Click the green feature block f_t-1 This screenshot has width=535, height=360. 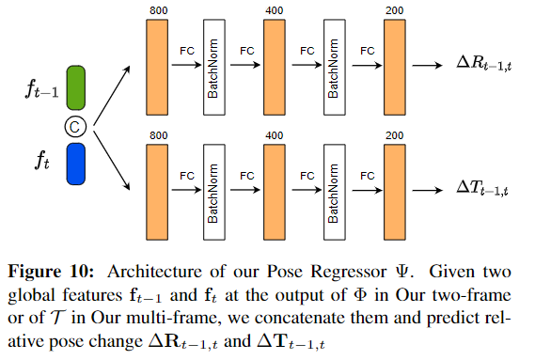pyautogui.click(x=76, y=88)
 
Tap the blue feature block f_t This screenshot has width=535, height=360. pyautogui.click(x=76, y=164)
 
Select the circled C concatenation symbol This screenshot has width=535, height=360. pyautogui.click(x=75, y=127)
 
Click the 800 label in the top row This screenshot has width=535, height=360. pyautogui.click(x=159, y=10)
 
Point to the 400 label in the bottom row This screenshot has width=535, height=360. pyautogui.click(x=275, y=135)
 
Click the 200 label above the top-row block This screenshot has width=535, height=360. pyautogui.click(x=395, y=10)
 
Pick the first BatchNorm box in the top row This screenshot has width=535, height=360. pyautogui.click(x=214, y=68)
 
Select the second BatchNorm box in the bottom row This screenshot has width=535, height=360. pyautogui.click(x=335, y=192)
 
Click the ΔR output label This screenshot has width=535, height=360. pyautogui.click(x=484, y=64)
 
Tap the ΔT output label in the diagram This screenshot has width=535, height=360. pyautogui.click(x=482, y=188)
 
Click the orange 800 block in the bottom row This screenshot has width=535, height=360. pyautogui.click(x=157, y=192)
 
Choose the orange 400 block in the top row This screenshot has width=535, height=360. pyautogui.click(x=275, y=68)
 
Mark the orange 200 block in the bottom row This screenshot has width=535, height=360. pyautogui.click(x=395, y=192)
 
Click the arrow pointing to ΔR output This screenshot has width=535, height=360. pyautogui.click(x=427, y=65)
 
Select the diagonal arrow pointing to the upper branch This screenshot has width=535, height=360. pyautogui.click(x=112, y=96)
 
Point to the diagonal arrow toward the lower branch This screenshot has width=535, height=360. pyautogui.click(x=112, y=161)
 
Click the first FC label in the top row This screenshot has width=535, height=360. pyautogui.click(x=187, y=51)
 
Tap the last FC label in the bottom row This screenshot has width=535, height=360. pyautogui.click(x=367, y=176)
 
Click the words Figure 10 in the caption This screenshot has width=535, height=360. pyautogui.click(x=51, y=272)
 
